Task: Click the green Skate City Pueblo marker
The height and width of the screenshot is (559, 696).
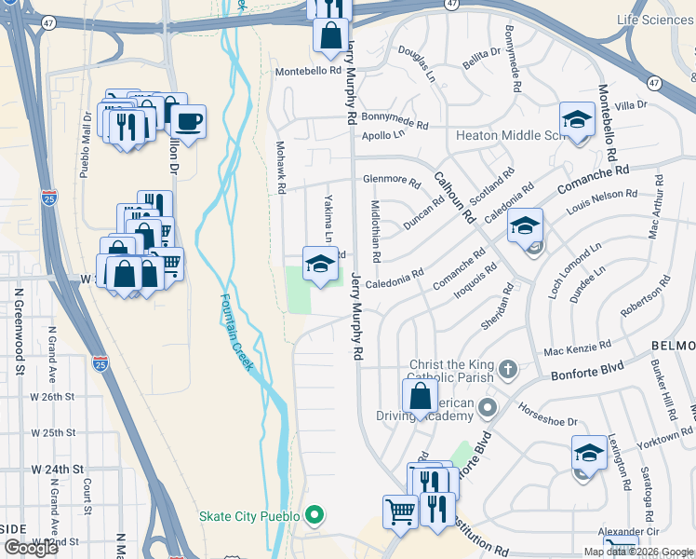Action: [x=315, y=515]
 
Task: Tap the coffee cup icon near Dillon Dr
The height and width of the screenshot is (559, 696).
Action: [x=188, y=121]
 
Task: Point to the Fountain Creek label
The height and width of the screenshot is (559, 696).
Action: [x=236, y=332]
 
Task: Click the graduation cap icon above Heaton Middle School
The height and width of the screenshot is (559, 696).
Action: [x=577, y=120]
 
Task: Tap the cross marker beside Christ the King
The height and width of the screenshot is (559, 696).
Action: [x=507, y=369]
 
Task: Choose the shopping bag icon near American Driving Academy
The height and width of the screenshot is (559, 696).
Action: [x=421, y=396]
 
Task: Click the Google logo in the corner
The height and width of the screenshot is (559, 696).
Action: [x=31, y=548]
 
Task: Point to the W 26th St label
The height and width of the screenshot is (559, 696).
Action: [x=52, y=397]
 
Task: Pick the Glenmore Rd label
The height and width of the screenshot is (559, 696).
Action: [x=386, y=180]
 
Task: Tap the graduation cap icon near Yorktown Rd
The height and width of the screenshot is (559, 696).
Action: [x=588, y=452]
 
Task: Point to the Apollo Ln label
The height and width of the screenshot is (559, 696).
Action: [x=383, y=135]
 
